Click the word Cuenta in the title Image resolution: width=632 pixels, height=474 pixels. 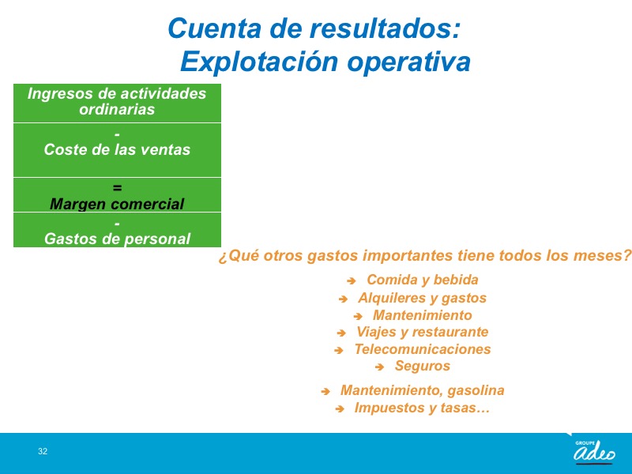(x=214, y=29)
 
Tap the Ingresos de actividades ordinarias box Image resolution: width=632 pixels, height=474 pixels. (x=117, y=103)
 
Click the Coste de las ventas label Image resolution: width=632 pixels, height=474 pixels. (x=117, y=149)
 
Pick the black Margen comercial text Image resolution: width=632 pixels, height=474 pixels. (x=117, y=204)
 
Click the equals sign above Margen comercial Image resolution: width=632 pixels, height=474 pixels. (x=117, y=188)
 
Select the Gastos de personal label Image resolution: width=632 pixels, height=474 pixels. (x=117, y=239)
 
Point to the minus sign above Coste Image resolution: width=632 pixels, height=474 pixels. (x=117, y=134)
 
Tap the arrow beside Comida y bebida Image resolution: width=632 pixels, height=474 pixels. (x=351, y=280)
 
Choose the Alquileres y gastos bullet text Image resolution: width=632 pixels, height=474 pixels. (x=422, y=298)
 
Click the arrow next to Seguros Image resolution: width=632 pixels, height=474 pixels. (x=379, y=367)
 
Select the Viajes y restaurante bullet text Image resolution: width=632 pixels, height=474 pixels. (x=423, y=332)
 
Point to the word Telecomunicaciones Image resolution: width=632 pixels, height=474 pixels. (x=423, y=349)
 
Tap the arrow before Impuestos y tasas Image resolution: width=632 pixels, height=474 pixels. (x=340, y=408)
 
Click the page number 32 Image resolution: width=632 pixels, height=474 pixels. (x=43, y=451)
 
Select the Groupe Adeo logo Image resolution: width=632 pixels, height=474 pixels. (x=595, y=452)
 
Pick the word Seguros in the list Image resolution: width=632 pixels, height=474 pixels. (x=423, y=366)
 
